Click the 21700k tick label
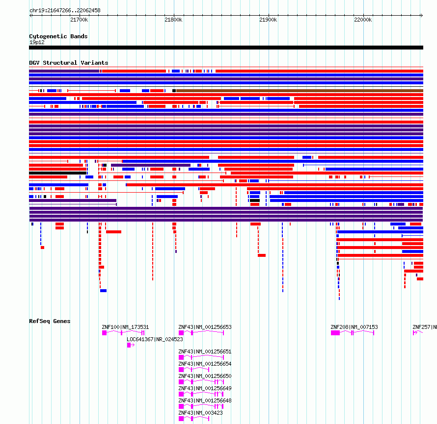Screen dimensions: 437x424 79,20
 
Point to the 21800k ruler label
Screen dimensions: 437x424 173,20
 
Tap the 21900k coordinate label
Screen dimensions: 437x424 268,20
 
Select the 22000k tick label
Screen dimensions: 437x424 363,20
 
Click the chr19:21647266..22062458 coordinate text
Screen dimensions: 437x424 65,11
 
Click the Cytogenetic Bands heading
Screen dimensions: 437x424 58,36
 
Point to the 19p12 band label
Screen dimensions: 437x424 37,42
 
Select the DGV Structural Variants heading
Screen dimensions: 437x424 69,63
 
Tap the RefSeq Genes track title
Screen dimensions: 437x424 50,321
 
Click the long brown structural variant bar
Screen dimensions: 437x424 300,91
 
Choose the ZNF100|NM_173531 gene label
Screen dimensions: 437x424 125,327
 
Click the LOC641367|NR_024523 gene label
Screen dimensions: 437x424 155,339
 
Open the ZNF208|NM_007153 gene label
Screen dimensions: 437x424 354,327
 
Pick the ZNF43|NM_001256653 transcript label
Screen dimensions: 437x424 205,327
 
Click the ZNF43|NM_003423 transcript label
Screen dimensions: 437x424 200,413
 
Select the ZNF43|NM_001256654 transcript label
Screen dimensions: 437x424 205,364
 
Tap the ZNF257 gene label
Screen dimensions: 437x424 424,327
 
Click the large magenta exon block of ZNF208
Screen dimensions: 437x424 335,333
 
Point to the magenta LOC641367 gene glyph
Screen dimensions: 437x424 131,345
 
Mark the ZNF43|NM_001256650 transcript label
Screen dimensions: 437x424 205,376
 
